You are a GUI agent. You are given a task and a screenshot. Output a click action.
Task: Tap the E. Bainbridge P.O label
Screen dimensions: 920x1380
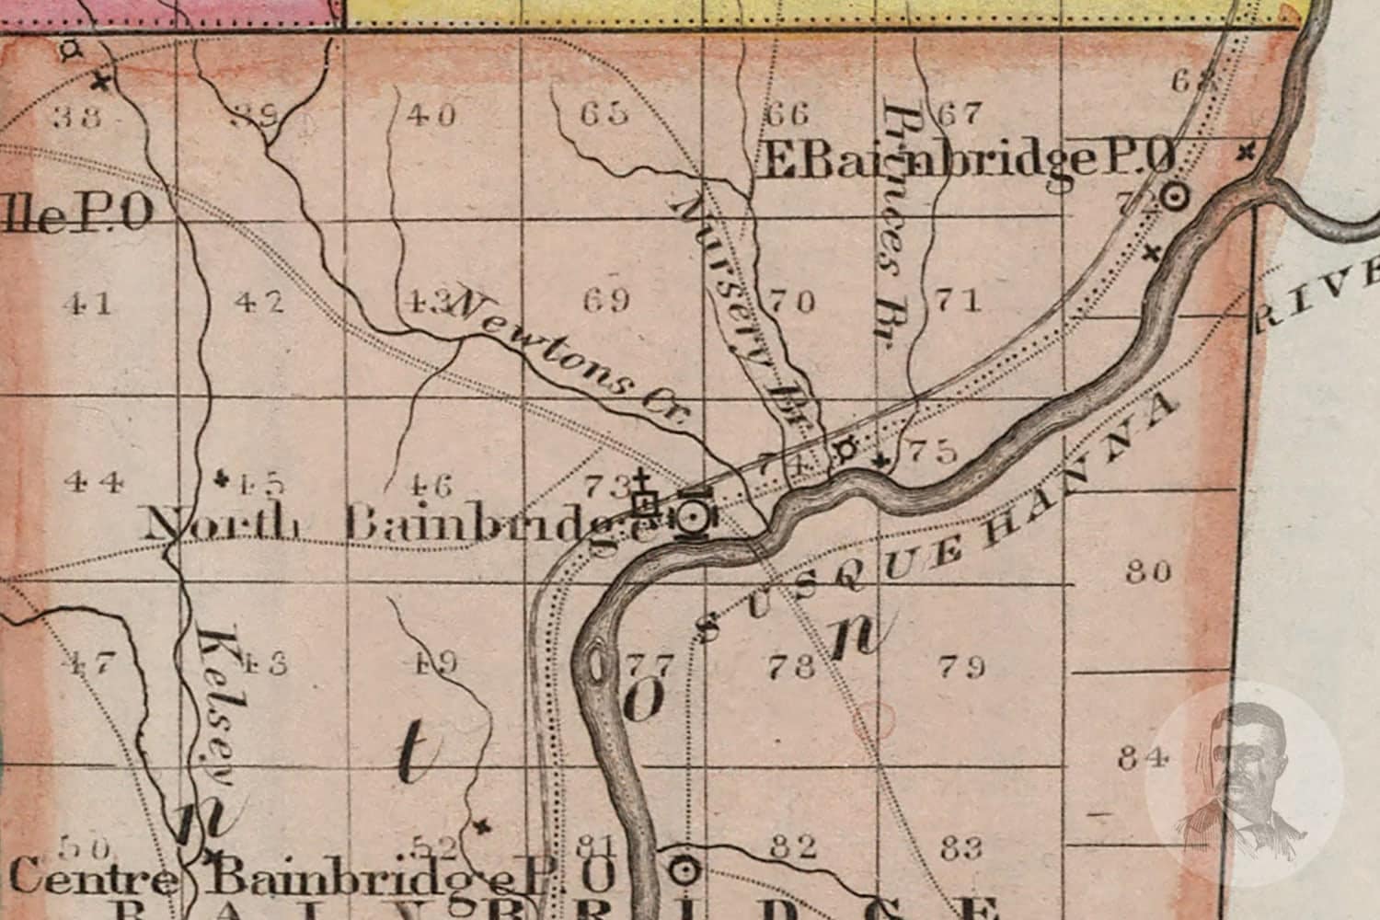click(966, 162)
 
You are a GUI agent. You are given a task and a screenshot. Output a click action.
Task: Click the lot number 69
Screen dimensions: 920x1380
click(606, 300)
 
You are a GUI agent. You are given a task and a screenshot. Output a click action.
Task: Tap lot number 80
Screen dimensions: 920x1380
click(1149, 572)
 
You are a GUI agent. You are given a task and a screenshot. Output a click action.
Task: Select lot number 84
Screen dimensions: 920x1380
click(1144, 758)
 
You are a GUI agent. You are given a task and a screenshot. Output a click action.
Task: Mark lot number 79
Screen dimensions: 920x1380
click(963, 665)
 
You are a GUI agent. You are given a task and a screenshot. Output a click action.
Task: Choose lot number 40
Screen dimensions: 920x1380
click(430, 116)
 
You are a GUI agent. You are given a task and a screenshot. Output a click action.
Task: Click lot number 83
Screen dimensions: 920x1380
click(961, 846)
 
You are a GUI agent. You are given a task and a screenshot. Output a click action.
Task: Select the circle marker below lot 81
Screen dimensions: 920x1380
click(682, 868)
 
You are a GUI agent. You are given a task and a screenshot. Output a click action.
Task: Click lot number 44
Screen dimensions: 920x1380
click(96, 480)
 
